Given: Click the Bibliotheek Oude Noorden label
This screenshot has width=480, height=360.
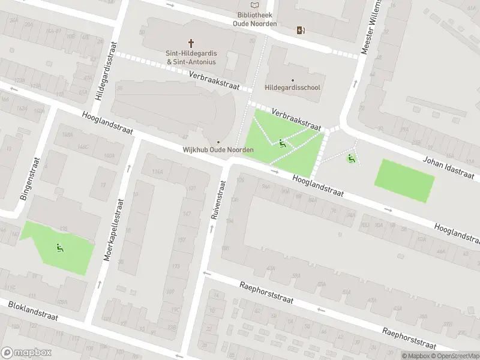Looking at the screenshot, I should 255,19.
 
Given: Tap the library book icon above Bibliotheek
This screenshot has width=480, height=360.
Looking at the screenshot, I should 255,5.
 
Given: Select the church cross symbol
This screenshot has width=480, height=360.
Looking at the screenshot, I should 192,43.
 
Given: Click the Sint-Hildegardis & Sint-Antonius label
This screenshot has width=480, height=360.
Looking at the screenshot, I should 191,57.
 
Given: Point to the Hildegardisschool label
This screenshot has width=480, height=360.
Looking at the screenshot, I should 293,88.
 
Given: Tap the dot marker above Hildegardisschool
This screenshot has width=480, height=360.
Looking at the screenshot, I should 293,80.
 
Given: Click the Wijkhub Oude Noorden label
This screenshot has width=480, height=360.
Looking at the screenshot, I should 218,149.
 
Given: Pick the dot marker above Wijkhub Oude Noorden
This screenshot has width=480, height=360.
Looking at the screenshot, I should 218,142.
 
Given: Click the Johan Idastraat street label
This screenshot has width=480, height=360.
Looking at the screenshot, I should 448,166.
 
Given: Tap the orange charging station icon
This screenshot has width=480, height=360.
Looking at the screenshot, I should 300,30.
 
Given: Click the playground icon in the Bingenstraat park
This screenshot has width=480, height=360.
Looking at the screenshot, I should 59,248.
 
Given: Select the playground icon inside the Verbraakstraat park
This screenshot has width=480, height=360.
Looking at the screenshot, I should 282,143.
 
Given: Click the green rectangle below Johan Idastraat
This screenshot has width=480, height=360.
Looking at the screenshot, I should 404,180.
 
